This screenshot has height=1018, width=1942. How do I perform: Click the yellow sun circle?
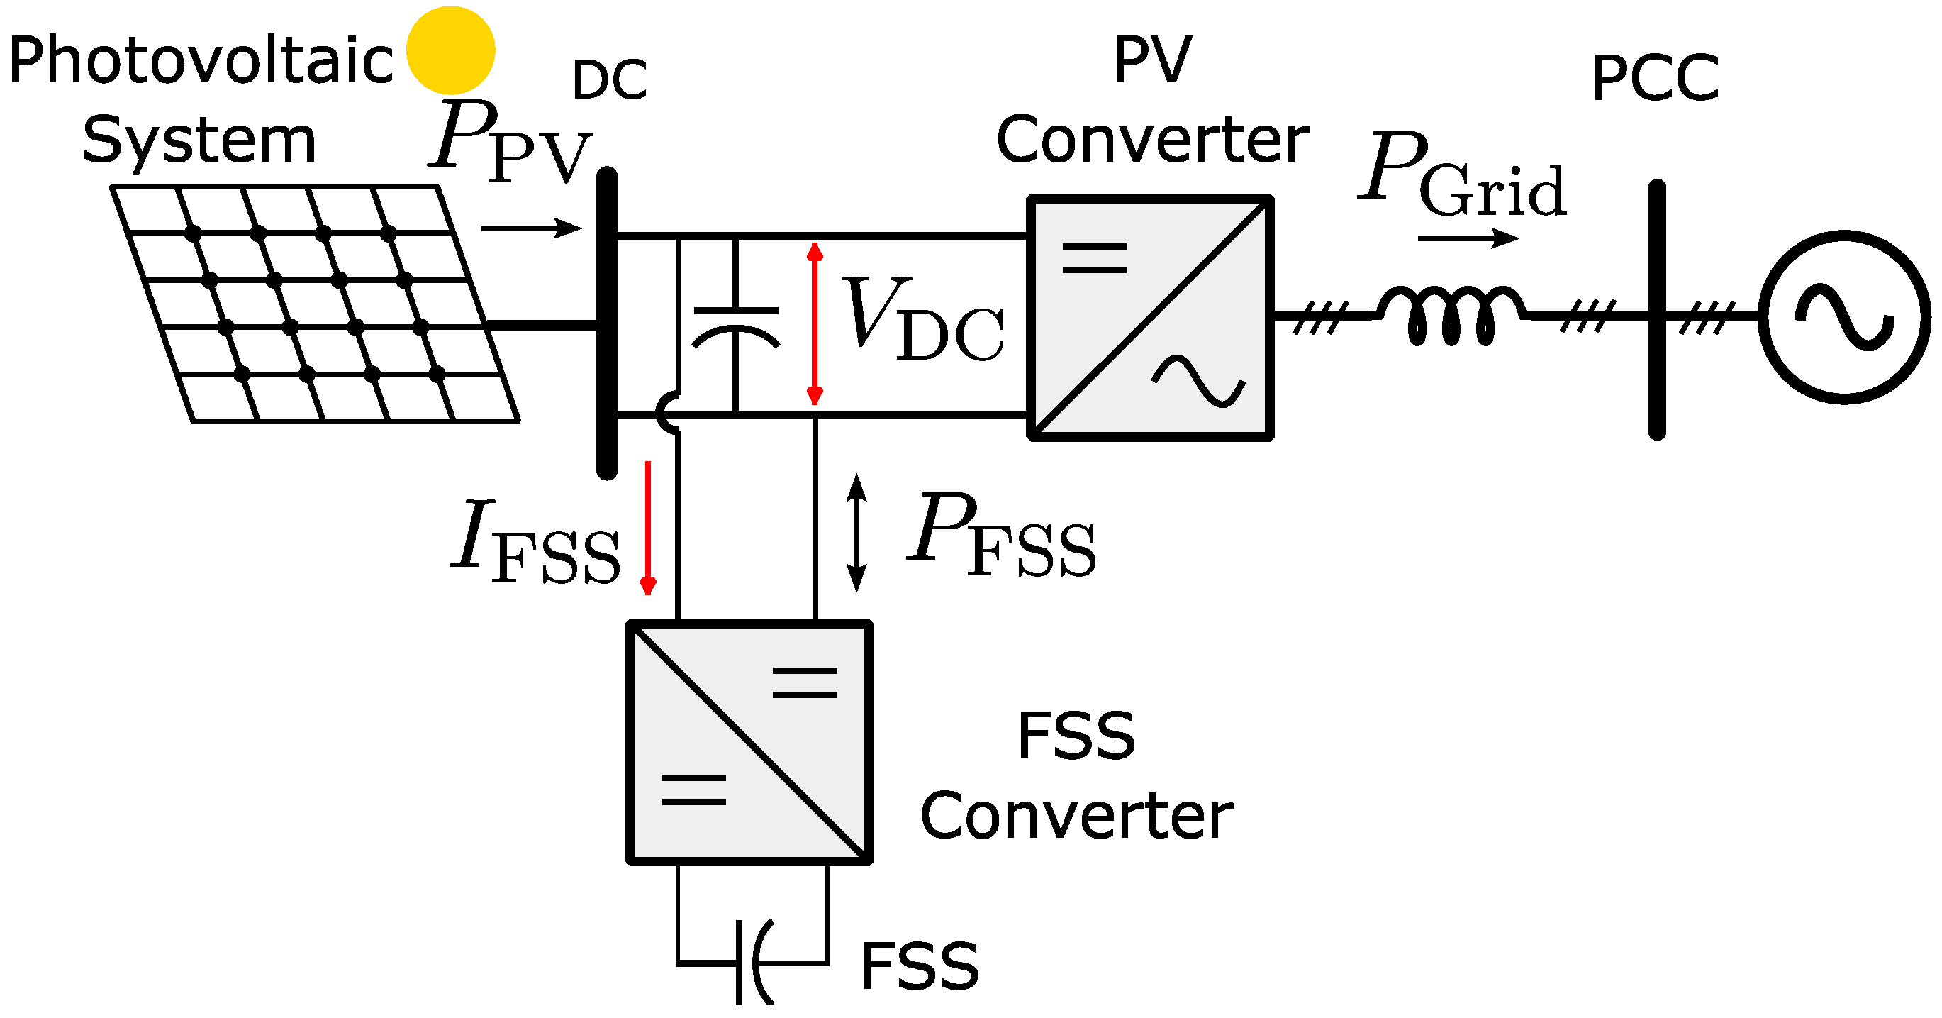450,50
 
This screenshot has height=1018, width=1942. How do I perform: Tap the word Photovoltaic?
200,60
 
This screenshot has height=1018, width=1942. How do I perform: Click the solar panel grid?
315,303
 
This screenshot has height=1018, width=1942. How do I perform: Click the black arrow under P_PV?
532,228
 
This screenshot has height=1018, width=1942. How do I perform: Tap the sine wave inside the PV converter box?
1199,381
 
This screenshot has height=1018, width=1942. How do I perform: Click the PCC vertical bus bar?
1657,309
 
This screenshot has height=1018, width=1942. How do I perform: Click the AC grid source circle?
1844,316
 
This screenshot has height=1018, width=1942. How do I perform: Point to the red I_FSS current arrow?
647,528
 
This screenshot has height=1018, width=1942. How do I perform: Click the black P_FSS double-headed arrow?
856,532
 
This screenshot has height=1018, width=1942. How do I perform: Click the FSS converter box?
750,743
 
